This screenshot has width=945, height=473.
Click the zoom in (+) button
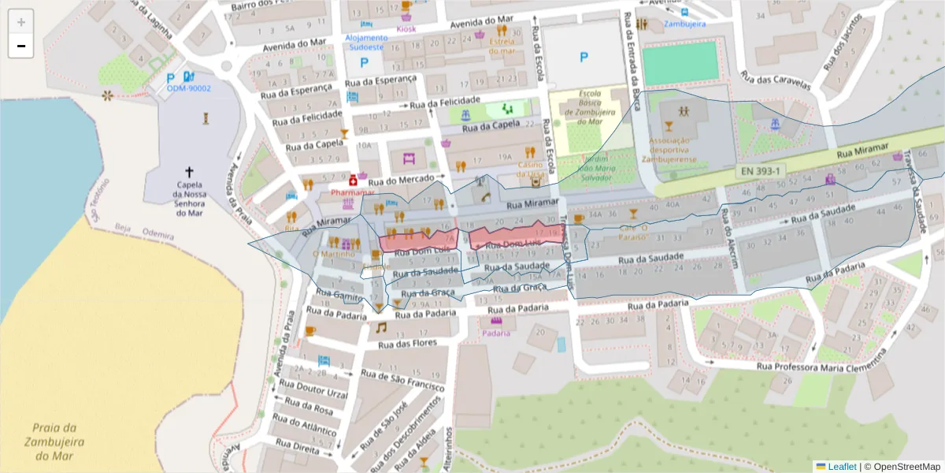coord(21,22)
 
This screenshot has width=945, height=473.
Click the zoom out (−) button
coord(21,46)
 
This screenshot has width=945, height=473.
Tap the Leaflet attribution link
coord(836,467)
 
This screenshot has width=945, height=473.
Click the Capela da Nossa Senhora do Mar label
coord(189,199)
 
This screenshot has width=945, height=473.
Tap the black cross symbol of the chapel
coord(189,171)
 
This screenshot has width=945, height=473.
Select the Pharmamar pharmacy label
coord(352,192)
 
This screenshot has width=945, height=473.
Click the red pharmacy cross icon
coord(353,181)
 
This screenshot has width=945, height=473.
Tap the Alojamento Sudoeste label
coord(366,42)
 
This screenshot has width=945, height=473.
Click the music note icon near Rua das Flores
coord(381,327)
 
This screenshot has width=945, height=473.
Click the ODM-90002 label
coord(189,88)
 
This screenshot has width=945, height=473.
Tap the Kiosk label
coord(406,29)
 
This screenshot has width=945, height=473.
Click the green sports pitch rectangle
coord(680,63)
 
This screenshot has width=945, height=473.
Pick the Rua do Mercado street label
coord(404,180)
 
